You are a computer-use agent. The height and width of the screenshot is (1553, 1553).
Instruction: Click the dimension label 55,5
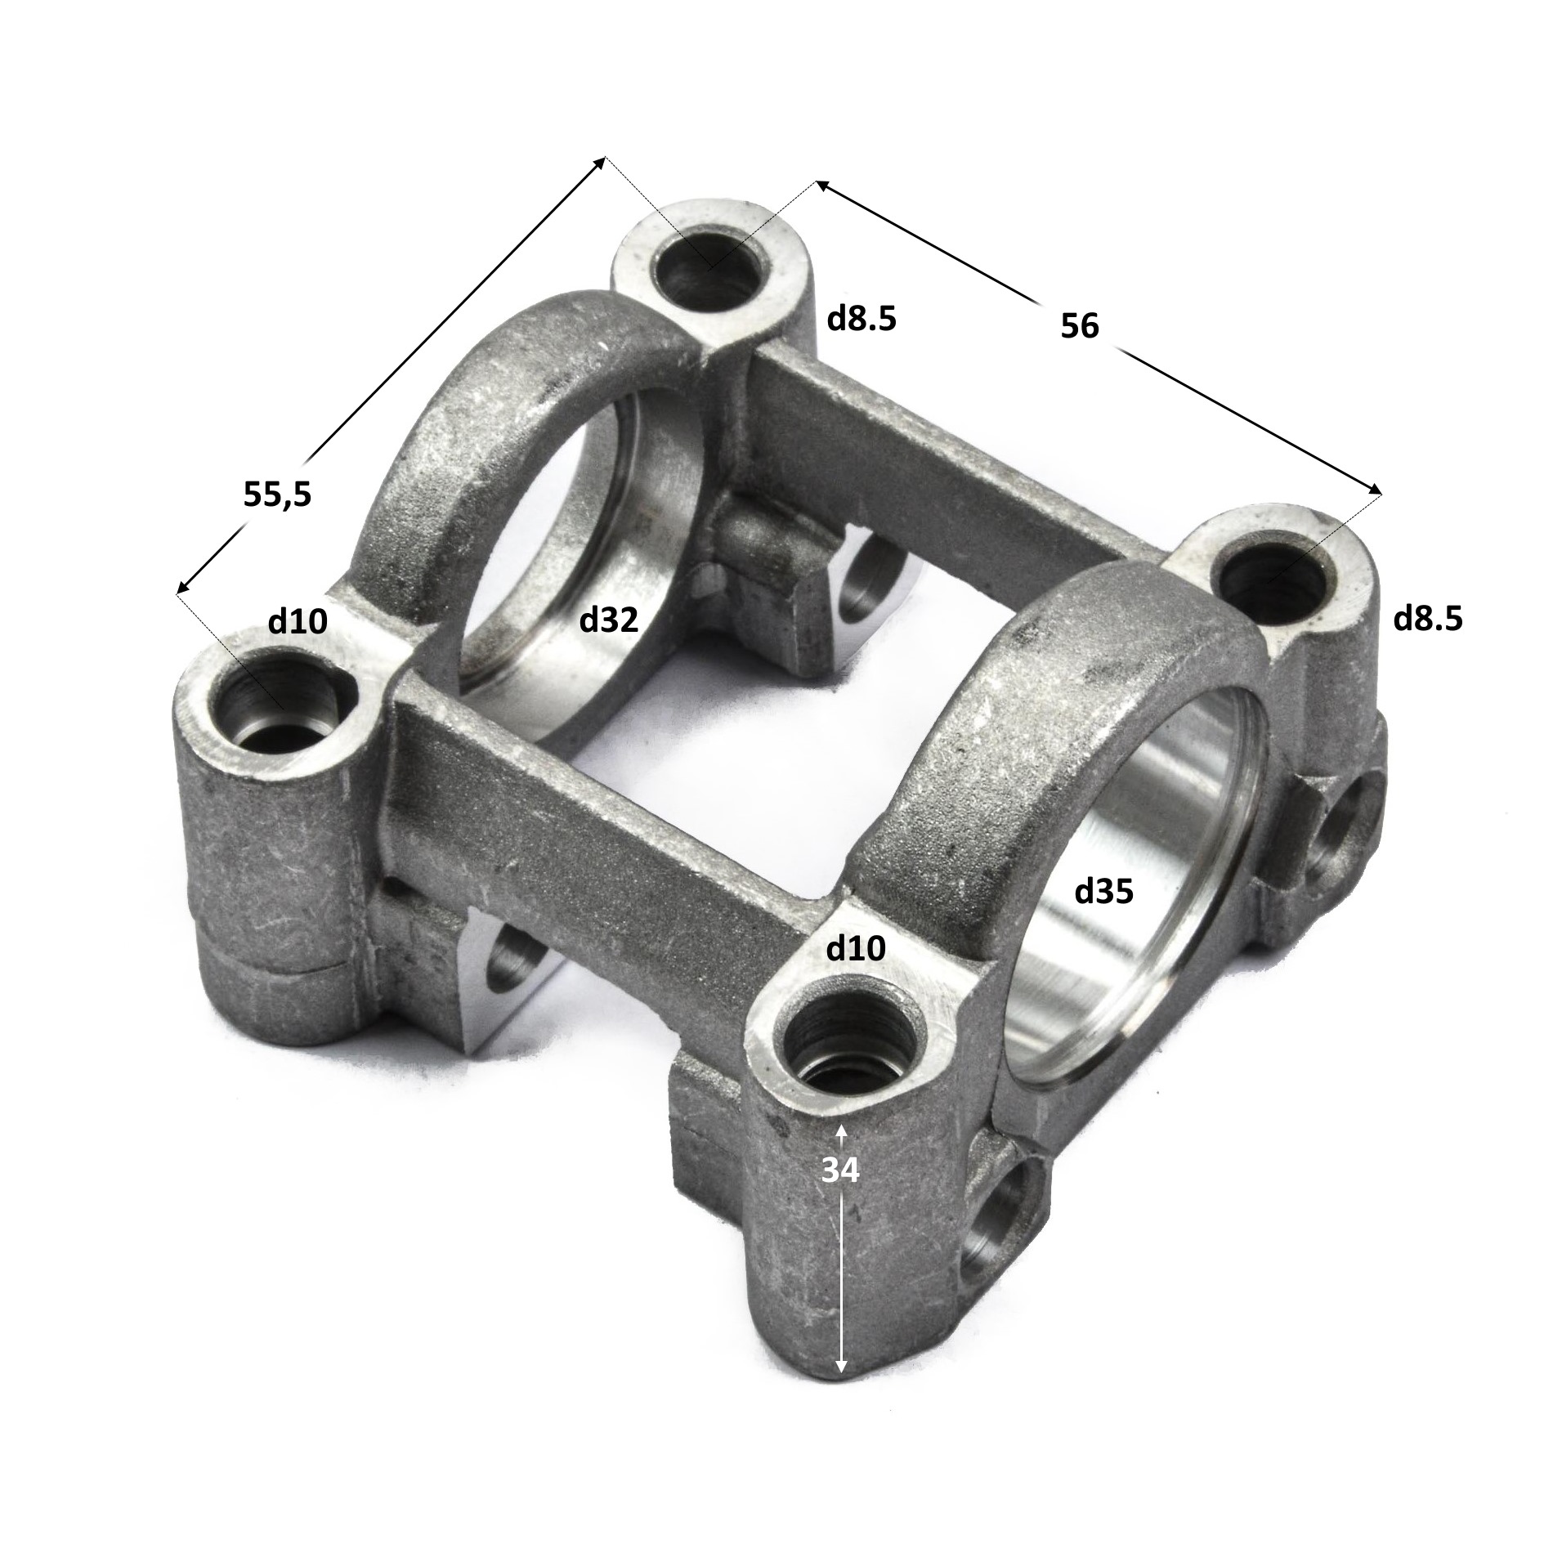coord(277,495)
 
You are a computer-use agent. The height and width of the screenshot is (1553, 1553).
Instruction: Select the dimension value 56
coord(1080,326)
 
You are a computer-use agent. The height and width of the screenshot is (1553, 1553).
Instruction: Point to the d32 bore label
coord(608,621)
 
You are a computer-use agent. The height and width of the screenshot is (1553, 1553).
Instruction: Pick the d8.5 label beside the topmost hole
coord(862,319)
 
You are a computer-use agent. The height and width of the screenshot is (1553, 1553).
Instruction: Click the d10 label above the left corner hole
coord(298,622)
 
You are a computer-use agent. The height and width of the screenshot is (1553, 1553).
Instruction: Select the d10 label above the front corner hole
coord(856,949)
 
